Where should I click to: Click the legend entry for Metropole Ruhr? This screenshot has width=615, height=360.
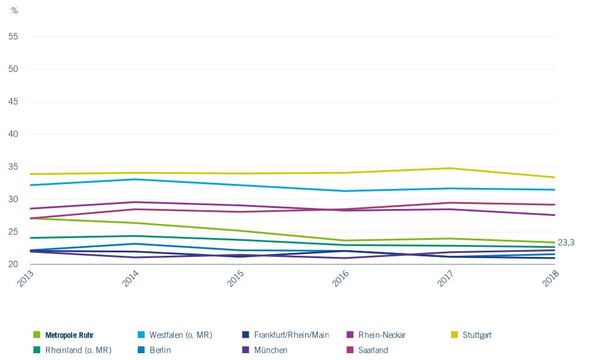point(64,335)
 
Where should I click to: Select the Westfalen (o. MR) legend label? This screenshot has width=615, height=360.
point(175,335)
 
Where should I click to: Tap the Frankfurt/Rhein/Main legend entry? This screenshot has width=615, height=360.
point(285,335)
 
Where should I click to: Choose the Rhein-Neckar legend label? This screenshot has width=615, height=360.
point(376,335)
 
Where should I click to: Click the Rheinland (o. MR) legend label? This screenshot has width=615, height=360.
point(72,350)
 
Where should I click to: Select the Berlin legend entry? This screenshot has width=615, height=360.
point(154,350)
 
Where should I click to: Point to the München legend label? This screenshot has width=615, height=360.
point(265,350)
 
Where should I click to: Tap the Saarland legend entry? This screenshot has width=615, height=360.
point(368,350)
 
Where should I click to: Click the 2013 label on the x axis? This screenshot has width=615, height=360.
point(25,279)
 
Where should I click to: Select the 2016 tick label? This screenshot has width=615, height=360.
point(341,279)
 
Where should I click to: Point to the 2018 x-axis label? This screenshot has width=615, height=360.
point(550,279)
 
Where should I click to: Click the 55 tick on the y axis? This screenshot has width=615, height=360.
point(13,36)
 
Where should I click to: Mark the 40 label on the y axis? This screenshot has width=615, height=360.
point(13,134)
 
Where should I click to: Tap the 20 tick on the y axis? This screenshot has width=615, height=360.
point(13,264)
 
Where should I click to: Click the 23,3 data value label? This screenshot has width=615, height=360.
point(566,243)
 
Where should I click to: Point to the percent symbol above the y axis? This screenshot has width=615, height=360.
point(14,11)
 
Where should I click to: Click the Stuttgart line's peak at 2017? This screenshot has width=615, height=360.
point(450,168)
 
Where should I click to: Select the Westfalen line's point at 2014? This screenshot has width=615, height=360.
point(135,179)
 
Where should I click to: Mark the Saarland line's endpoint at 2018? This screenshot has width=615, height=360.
point(555,204)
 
